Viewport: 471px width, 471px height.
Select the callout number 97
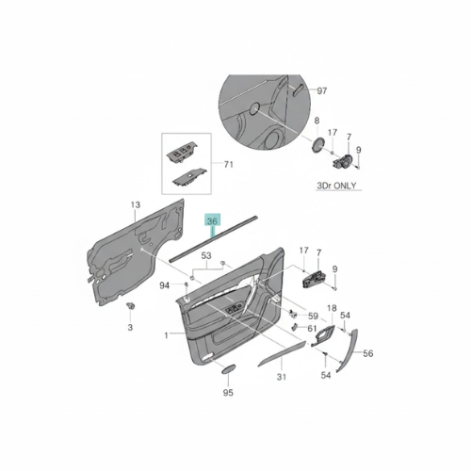321,90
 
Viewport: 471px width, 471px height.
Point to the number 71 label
227,165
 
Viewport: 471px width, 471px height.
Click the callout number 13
135,204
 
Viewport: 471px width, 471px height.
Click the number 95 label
227,392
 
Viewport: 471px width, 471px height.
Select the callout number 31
280,378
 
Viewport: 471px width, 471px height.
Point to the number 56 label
368,353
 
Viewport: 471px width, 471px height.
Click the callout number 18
331,309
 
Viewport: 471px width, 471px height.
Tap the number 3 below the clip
130,327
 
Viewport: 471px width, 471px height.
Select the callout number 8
317,122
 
